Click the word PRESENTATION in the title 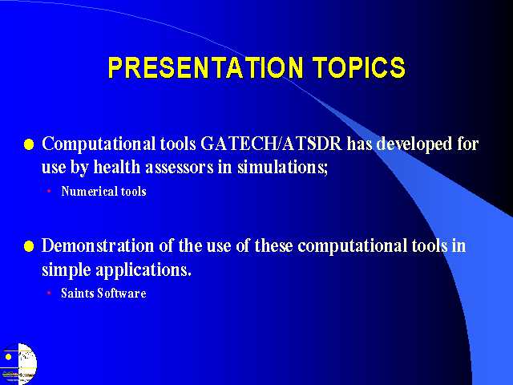pos(205,67)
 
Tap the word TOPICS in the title pos(359,67)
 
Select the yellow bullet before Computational pos(29,144)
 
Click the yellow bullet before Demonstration pos(29,246)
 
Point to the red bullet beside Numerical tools pos(49,191)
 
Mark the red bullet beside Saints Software pos(49,293)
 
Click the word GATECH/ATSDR pos(271,144)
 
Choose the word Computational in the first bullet pos(99,144)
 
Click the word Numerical pos(89,191)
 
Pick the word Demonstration pos(98,245)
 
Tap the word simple pos(66,270)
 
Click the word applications pos(143,270)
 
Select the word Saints pos(78,293)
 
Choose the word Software pos(122,293)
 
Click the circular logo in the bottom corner pos(18,363)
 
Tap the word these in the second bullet pos(273,245)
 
